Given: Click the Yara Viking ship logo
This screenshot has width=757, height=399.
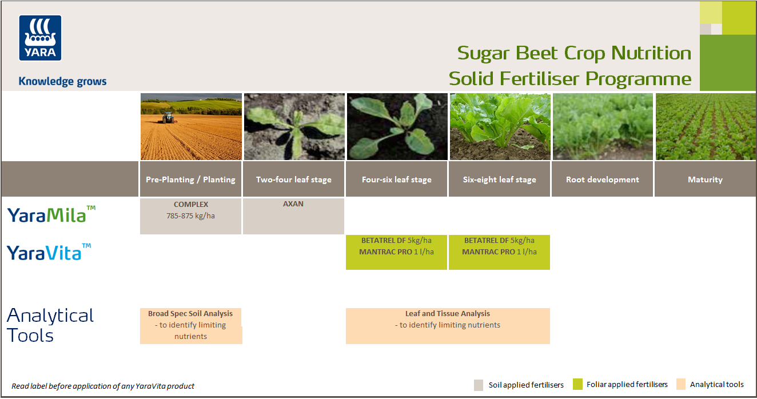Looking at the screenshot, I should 41,38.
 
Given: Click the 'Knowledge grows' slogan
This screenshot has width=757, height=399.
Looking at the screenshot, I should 62,81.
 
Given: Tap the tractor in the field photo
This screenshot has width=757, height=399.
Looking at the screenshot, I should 168,118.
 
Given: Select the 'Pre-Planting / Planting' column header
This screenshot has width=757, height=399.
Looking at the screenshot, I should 190,179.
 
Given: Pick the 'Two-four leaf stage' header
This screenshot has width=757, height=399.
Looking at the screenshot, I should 293,179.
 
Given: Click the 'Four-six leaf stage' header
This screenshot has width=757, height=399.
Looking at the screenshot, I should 396,179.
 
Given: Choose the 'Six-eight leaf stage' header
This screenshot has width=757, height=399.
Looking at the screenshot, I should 499,179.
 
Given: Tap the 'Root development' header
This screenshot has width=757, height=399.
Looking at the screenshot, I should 602,179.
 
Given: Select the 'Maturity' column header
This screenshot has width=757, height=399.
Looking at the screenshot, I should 705,179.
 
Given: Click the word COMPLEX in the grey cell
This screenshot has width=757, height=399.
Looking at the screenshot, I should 191,204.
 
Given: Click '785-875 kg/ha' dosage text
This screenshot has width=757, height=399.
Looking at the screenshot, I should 191,216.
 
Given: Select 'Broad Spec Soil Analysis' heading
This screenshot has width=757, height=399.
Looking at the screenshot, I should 190,313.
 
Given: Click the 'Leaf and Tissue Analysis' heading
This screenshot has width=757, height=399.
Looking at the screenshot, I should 448,313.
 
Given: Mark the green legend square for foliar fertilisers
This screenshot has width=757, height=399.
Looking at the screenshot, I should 577,385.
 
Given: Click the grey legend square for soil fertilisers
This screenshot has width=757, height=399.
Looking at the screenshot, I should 479,385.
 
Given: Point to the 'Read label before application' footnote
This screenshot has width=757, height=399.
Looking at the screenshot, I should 103,386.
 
